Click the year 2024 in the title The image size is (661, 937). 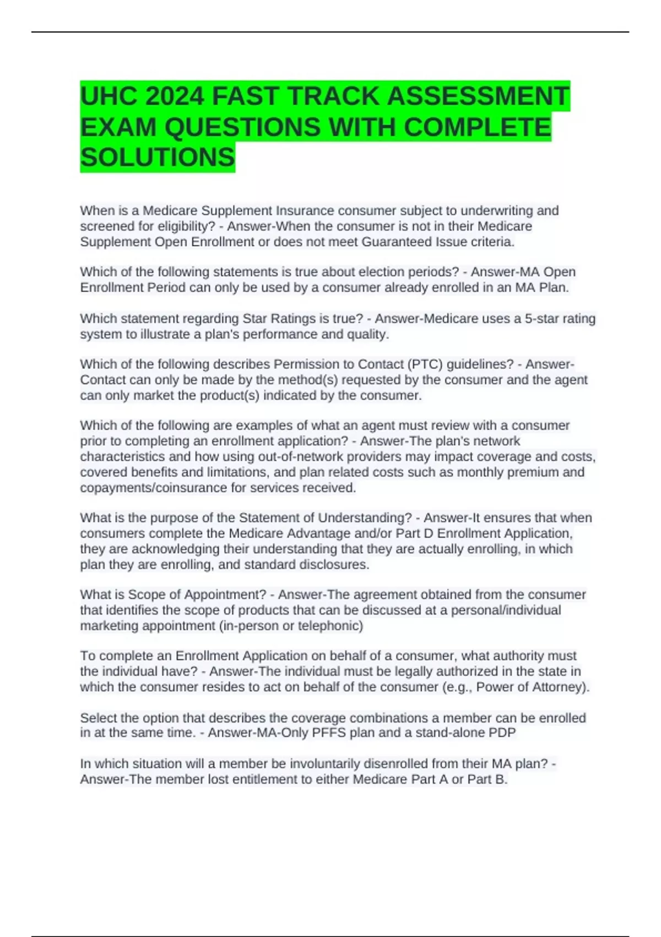coord(175,96)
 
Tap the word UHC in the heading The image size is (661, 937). coord(109,96)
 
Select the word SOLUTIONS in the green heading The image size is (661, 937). coord(158,158)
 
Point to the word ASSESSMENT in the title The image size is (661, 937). coord(478,96)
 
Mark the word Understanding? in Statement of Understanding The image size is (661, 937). coord(365,518)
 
